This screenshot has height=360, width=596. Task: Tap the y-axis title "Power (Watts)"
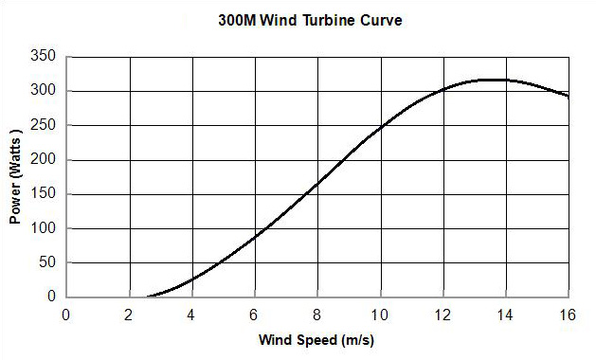(15, 177)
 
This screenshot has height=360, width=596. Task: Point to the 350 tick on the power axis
(44, 57)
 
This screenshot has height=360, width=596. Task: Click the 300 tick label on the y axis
(44, 91)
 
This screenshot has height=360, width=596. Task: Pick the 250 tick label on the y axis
(44, 125)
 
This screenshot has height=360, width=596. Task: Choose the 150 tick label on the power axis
(44, 194)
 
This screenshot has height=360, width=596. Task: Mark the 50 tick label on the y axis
(46, 262)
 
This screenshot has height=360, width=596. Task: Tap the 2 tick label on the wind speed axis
(129, 315)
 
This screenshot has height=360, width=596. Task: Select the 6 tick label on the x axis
(255, 315)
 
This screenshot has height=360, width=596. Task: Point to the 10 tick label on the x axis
(380, 315)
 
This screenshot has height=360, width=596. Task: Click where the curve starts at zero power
(148, 296)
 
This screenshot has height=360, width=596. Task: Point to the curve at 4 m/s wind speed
(192, 279)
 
